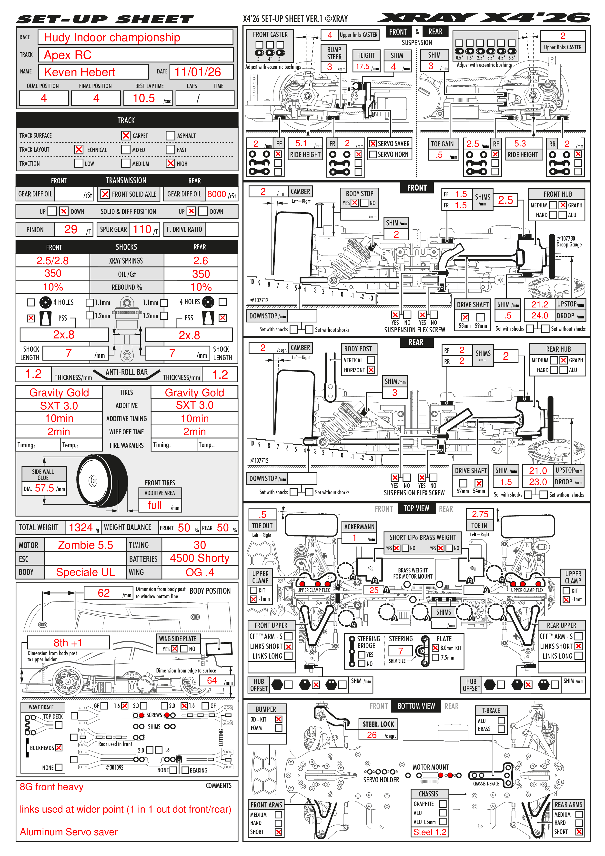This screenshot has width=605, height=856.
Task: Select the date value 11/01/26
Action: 198,72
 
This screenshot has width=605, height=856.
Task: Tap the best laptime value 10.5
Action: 144,98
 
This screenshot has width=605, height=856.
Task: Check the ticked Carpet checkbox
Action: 126,135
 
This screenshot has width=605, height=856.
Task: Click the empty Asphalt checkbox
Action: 170,135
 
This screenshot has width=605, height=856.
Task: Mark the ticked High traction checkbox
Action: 170,163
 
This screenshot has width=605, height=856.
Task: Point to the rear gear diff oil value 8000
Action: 217,194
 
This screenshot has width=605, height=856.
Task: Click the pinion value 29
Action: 71,229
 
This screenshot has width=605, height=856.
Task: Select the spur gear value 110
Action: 142,229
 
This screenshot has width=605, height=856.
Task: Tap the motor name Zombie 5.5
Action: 85,545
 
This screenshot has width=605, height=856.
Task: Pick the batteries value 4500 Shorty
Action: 199,558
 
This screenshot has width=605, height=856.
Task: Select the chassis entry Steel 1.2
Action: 429,832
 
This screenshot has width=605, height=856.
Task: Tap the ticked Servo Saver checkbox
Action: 373,143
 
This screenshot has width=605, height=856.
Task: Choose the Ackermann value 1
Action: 354,538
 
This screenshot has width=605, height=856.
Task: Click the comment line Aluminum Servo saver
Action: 69,832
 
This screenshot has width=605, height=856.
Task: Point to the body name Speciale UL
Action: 85,572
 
